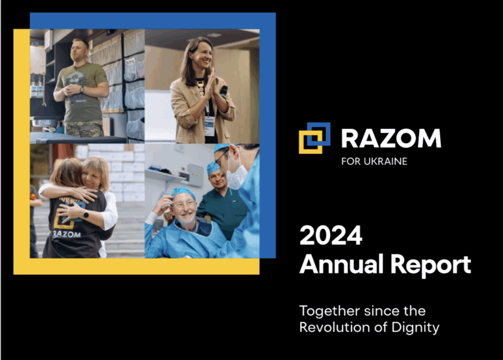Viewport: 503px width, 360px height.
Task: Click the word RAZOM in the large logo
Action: tap(391, 138)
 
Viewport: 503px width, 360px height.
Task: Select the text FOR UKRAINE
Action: tap(375, 161)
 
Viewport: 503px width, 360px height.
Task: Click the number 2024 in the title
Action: tap(331, 235)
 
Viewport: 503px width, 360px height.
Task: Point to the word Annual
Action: tap(343, 264)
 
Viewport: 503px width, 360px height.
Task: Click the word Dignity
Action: tap(415, 329)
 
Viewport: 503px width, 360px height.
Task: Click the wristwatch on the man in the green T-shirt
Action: tap(82, 90)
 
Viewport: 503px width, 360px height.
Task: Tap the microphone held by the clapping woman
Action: tap(223, 92)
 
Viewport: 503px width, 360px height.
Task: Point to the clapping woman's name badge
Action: tap(209, 126)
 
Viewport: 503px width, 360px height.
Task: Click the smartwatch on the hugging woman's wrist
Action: tap(86, 215)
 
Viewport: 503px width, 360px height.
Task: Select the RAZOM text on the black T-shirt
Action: tap(67, 234)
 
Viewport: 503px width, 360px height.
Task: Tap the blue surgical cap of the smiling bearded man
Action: tap(183, 193)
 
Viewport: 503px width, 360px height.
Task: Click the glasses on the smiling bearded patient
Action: tap(184, 204)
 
